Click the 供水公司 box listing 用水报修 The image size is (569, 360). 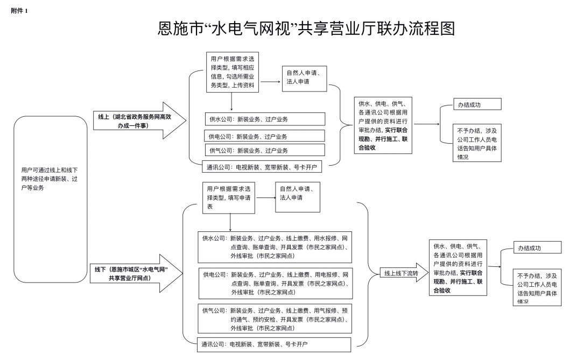[x=275, y=246]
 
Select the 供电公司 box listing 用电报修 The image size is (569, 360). [x=275, y=282]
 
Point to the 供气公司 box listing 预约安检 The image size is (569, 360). [x=275, y=319]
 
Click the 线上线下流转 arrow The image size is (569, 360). [x=398, y=273]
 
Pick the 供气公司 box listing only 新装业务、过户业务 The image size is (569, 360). [x=264, y=150]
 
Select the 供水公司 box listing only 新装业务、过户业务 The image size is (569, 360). [x=264, y=119]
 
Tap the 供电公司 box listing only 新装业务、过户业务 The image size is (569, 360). [x=264, y=136]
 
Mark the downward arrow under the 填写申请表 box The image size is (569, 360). [x=230, y=222]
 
